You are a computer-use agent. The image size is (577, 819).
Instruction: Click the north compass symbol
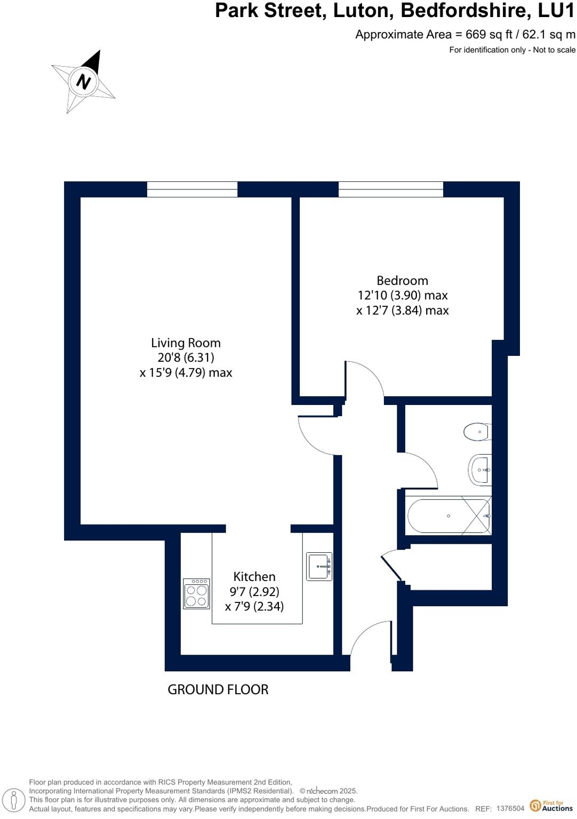pos(84,82)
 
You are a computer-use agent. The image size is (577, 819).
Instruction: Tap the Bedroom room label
pos(402,281)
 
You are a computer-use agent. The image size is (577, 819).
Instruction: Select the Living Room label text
pos(186,343)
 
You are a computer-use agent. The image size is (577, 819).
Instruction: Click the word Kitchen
pos(254,577)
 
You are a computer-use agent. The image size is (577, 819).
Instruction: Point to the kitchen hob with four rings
pos(196,594)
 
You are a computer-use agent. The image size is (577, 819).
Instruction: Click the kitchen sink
pos(319,567)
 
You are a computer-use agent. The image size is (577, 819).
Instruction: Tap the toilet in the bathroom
pos(477,432)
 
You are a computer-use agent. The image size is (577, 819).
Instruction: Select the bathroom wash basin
pos(480,470)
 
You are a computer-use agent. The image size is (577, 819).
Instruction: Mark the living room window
pos(192,189)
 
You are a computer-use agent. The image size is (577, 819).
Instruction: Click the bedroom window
pos(390,189)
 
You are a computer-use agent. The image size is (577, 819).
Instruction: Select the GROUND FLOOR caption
pos(218,690)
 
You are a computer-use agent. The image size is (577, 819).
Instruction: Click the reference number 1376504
pos(510,809)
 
